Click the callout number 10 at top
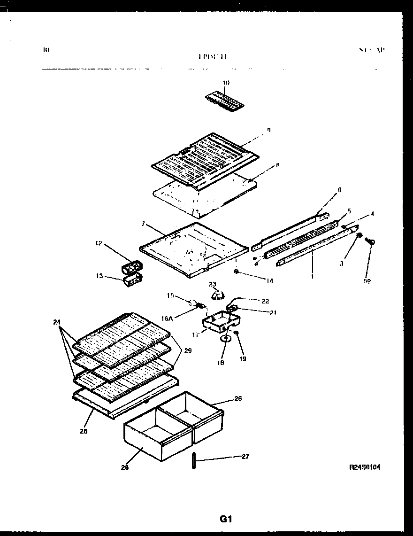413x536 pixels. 226,83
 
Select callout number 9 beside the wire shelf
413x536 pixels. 268,130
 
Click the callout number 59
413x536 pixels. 367,282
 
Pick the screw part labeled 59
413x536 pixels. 371,242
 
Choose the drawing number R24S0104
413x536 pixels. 364,467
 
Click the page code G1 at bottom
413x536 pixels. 226,519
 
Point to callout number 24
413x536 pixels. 57,322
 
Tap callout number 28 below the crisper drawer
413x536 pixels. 125,467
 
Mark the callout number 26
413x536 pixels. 238,399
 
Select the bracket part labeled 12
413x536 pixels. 132,268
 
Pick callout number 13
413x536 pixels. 99,276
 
